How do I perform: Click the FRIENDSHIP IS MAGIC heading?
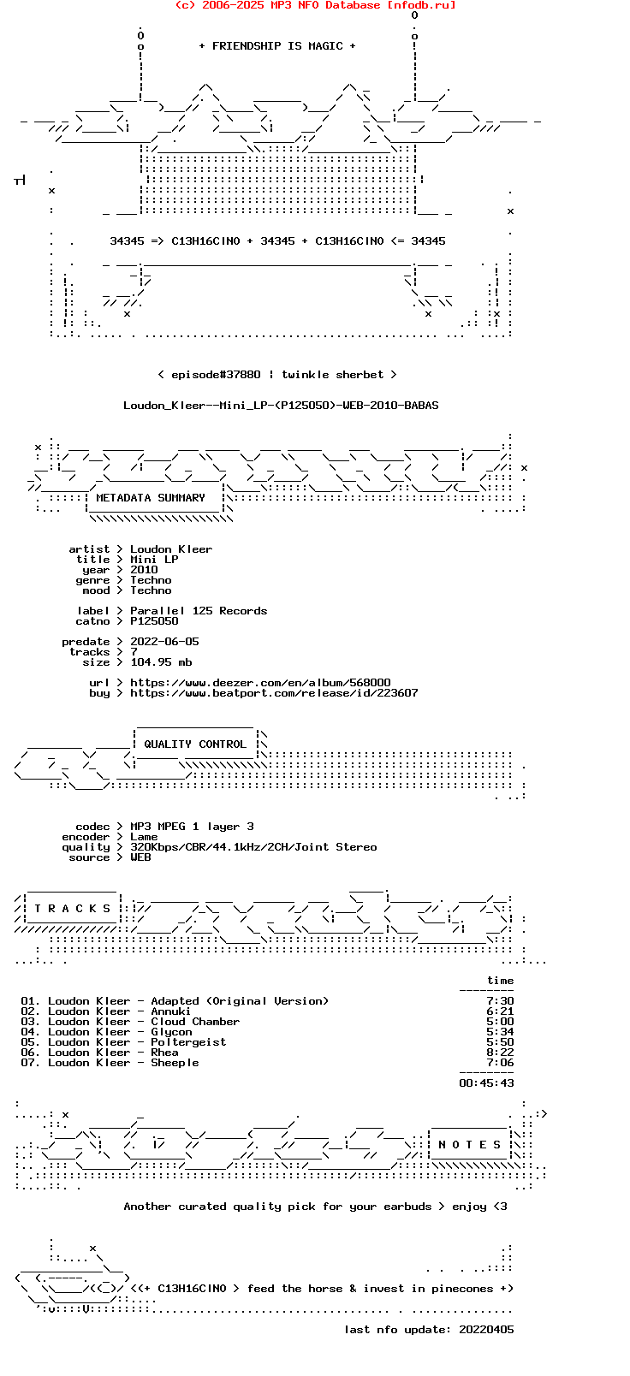pos(277,46)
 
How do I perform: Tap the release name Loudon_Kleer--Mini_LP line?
pos(281,406)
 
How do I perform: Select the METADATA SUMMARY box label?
pos(151,497)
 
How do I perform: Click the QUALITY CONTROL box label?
pos(195,744)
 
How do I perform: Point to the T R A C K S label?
pos(73,909)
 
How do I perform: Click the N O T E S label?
pos(470,1144)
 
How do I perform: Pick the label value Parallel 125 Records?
pos(199,611)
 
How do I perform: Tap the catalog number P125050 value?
pos(154,621)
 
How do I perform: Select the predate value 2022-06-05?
pos(164,641)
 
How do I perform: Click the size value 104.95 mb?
pos(161,662)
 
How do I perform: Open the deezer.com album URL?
pos(260,683)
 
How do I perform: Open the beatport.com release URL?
pos(274,693)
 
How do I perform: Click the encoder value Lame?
pos(144,837)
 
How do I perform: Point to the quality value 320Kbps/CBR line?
pos(254,847)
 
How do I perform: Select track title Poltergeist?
pos(188,1041)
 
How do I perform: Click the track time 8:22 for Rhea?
pos(500,1053)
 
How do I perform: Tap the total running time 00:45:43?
pos(487,1083)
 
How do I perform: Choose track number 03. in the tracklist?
pos(31,1022)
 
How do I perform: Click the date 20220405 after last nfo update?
pos(487,1329)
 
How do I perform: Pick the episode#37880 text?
pos(216,375)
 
